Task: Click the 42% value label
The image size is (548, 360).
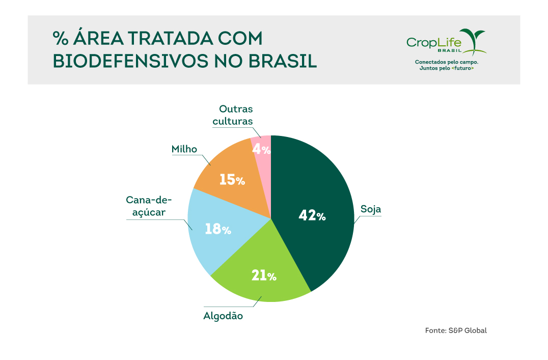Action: (x=312, y=216)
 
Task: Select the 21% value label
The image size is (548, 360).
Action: (x=264, y=275)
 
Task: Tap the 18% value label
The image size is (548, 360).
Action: (x=218, y=229)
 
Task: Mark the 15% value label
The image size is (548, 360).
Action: (x=232, y=180)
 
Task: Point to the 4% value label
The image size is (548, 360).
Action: (x=262, y=149)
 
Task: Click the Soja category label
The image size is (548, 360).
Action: (x=371, y=209)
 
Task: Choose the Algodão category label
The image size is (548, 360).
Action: (x=223, y=316)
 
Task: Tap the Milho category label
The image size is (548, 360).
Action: (x=184, y=149)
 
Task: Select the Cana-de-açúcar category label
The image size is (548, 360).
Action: (x=149, y=206)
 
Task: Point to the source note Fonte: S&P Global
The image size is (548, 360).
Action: (x=456, y=330)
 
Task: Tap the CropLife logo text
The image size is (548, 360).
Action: (x=433, y=42)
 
